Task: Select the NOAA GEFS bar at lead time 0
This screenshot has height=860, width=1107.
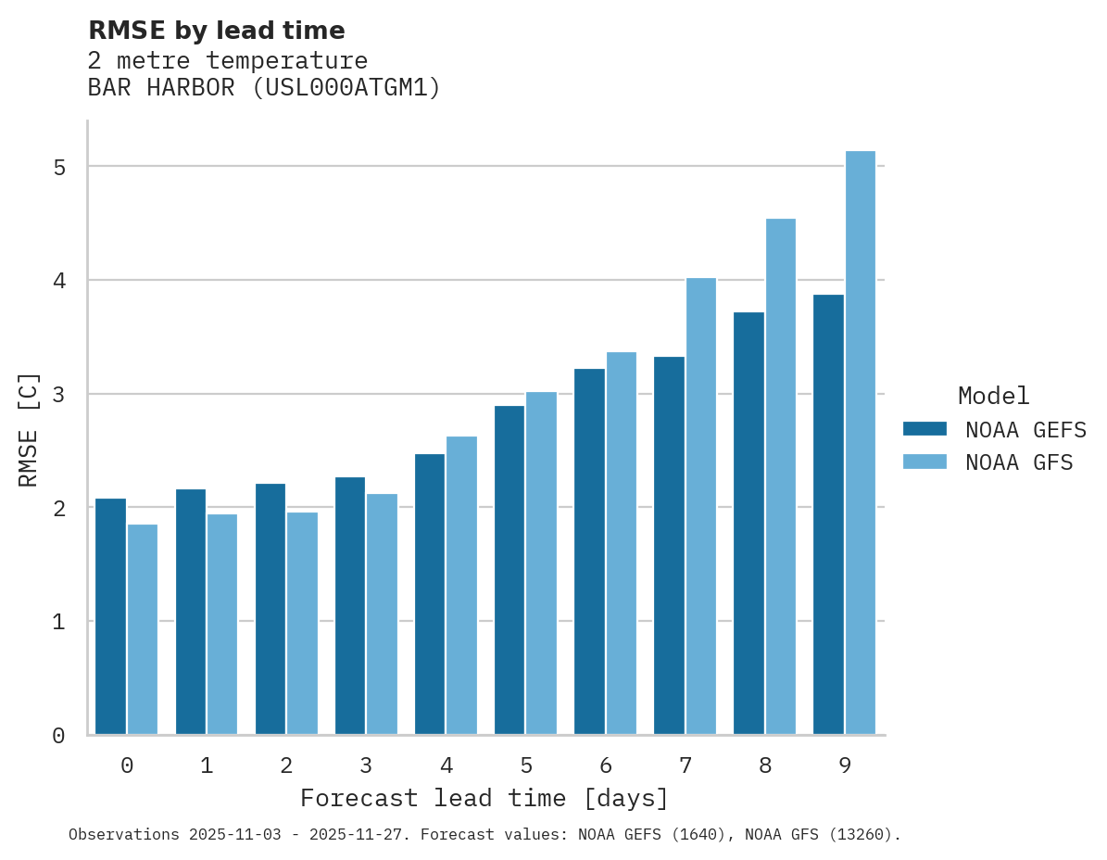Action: point(110,616)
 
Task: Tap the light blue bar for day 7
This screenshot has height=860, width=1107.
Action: point(701,506)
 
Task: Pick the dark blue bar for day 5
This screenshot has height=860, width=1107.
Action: point(509,570)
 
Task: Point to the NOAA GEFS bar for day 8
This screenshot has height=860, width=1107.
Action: point(748,524)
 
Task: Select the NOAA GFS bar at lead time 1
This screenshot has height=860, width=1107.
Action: point(222,624)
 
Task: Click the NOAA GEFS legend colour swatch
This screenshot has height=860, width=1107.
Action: point(925,429)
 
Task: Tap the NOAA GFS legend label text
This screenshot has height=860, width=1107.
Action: point(1019,462)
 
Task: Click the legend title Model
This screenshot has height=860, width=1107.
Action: point(993,397)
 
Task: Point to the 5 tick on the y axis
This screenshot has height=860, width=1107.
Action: point(58,168)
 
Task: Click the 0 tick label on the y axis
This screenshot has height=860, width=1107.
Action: point(58,736)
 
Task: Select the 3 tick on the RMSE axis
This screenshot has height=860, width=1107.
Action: point(58,395)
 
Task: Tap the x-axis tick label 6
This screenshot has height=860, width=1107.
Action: point(606,765)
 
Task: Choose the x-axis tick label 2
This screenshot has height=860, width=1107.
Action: point(286,765)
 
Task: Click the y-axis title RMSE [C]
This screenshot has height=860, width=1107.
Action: point(29,429)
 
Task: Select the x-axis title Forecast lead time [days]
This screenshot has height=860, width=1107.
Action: point(484,798)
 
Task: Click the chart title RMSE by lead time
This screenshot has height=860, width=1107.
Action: point(216,31)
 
